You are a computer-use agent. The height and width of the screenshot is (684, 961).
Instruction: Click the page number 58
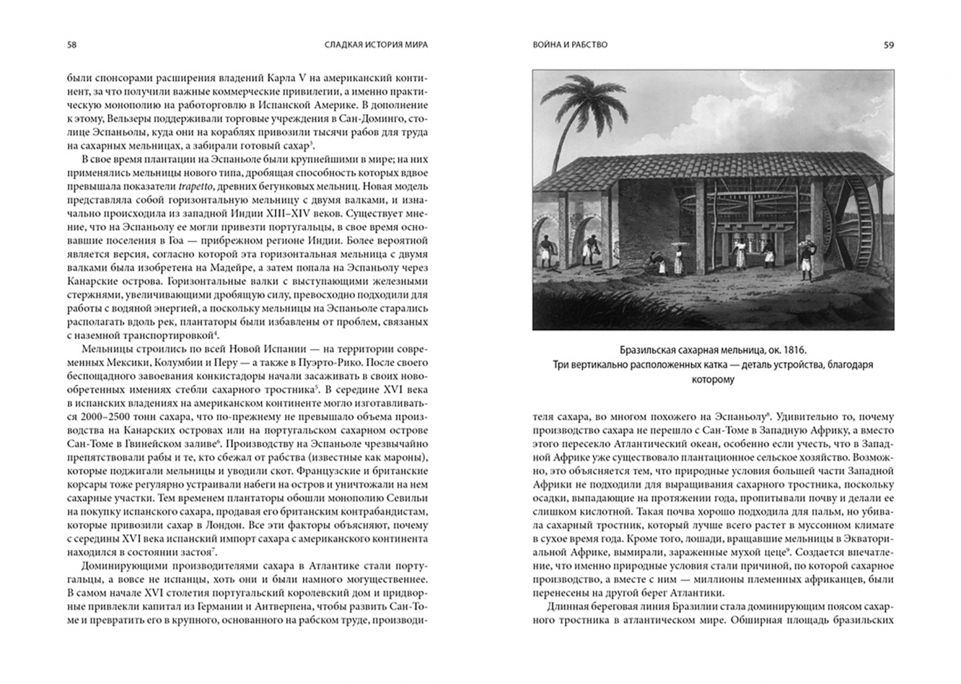point(72,45)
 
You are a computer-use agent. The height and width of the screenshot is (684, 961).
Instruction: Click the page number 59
point(889,45)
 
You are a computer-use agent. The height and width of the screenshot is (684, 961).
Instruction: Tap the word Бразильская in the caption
point(646,350)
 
